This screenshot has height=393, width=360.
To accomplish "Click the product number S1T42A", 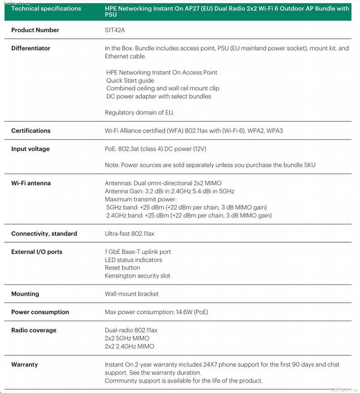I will [x=115, y=30].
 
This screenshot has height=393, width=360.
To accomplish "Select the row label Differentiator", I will [x=30, y=48].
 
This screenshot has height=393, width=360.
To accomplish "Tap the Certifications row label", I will [x=30, y=131].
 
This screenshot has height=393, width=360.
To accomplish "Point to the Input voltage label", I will [x=30, y=149].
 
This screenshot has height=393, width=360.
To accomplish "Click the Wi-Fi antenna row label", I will [x=31, y=183].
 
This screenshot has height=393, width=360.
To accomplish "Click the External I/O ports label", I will [x=37, y=252].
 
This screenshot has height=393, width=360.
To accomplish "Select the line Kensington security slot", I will [x=137, y=276].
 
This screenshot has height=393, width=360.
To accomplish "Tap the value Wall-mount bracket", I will [x=131, y=294].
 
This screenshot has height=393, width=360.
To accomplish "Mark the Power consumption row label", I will [x=40, y=312].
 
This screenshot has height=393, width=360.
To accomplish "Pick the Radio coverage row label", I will [x=33, y=330].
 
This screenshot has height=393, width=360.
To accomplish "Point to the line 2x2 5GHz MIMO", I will [x=127, y=338].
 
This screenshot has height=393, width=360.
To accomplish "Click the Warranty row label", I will [x=25, y=365].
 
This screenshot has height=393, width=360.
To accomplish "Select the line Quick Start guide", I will [x=130, y=81].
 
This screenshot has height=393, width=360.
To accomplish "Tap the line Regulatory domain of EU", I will [x=139, y=112].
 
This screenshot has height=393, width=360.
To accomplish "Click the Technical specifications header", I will [x=46, y=8].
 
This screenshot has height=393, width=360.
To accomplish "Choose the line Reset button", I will [x=122, y=268].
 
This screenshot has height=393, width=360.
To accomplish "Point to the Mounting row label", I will [x=25, y=294].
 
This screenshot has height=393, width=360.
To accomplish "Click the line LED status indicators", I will [x=133, y=260].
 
